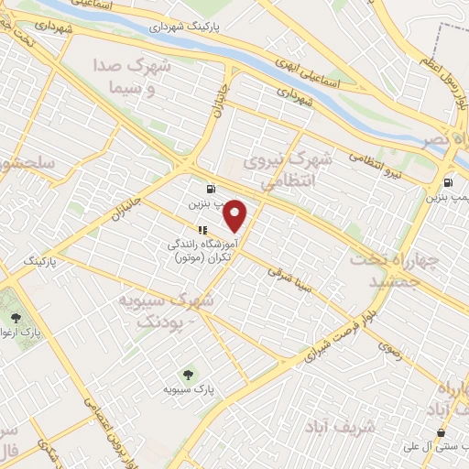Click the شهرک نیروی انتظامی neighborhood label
(287, 170)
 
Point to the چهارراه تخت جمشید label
(403, 270)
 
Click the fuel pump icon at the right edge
(448, 182)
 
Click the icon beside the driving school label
(202, 230)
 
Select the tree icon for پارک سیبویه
(189, 374)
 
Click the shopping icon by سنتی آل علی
(442, 432)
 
